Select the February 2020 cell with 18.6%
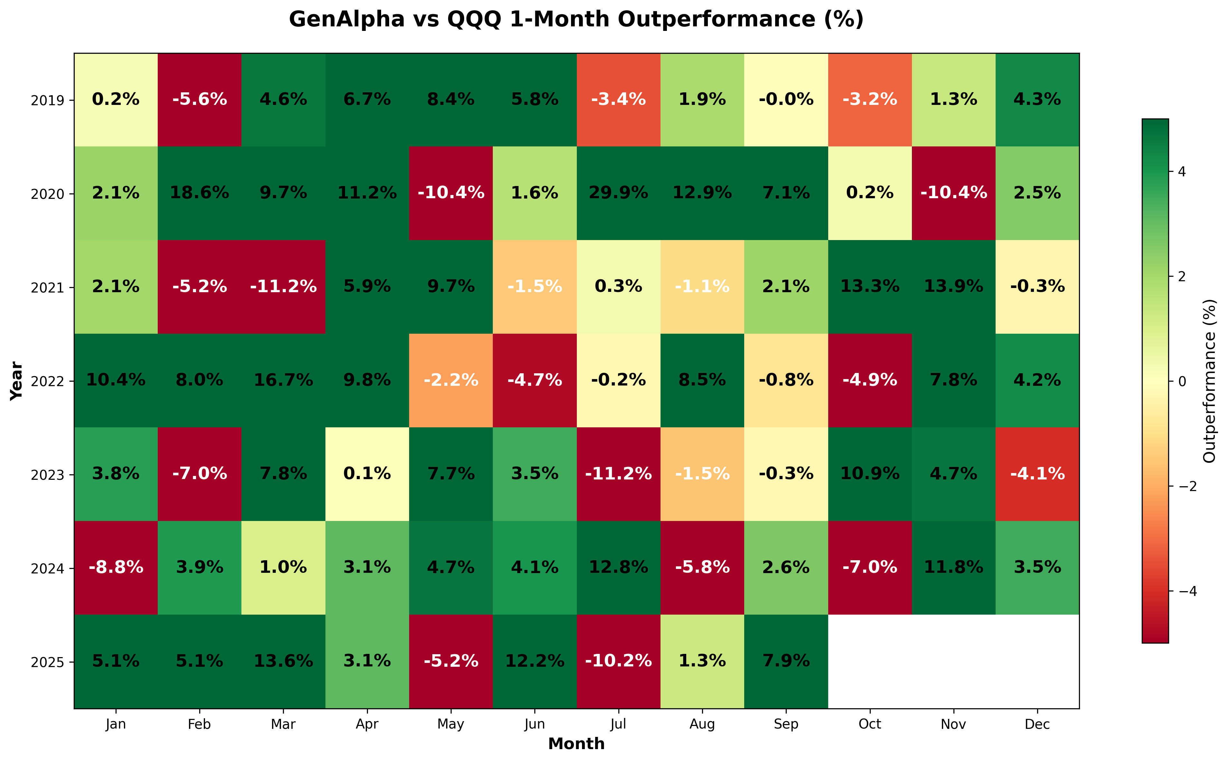(200, 193)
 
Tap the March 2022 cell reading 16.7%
(283, 380)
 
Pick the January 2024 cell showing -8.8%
(116, 567)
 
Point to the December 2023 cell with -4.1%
(1037, 474)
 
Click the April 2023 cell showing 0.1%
(367, 474)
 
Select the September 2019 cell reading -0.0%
(786, 100)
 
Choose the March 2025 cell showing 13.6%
(283, 661)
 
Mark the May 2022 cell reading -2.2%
(451, 380)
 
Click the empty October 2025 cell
(870, 661)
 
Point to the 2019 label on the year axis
(47, 101)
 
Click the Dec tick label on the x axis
(1037, 724)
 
